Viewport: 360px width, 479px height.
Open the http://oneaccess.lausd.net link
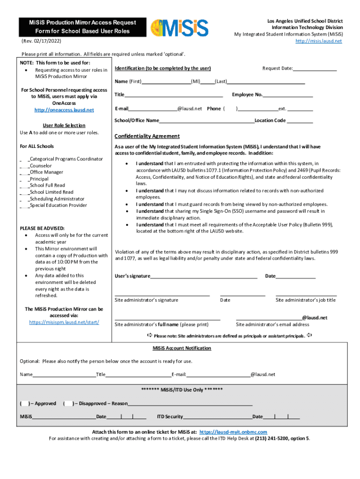pyautogui.click(x=64, y=110)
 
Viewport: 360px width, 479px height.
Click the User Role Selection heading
pyautogui.click(x=64, y=125)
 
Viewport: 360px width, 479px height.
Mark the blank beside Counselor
pyautogui.click(x=24, y=166)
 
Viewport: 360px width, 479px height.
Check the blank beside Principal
pyautogui.click(x=24, y=179)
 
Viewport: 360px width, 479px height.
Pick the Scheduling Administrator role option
pyautogui.click(x=50, y=199)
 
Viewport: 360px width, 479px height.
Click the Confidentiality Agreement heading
pyautogui.click(x=147, y=136)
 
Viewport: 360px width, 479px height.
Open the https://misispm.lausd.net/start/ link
pyautogui.click(x=64, y=322)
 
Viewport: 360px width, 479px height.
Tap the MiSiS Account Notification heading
pyautogui.click(x=182, y=348)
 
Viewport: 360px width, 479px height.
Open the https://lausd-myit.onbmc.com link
pyautogui.click(x=233, y=432)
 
